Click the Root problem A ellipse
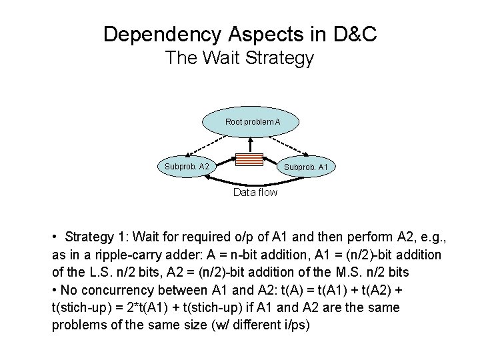pyautogui.click(x=251, y=122)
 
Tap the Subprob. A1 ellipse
pyautogui.click(x=306, y=167)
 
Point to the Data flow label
pyautogui.click(x=255, y=193)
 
